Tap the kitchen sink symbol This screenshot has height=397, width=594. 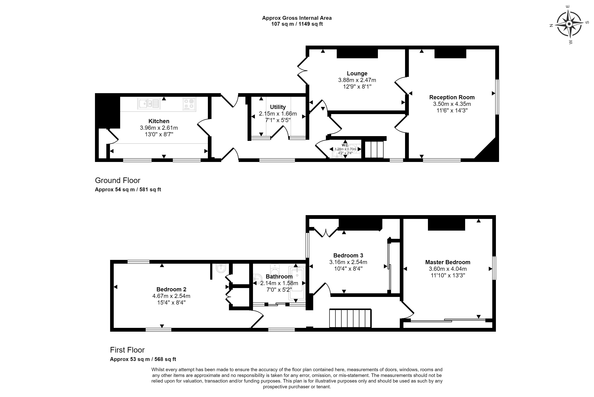coord(149,104)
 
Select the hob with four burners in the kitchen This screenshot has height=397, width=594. coord(189,104)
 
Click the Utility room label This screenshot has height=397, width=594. coord(278,107)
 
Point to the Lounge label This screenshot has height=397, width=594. coord(357,73)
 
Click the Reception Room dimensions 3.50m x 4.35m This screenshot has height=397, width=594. coord(452,104)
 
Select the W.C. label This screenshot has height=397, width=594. coord(345,145)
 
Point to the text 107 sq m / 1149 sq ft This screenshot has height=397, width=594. coord(297,24)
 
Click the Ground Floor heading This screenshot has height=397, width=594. coord(118,180)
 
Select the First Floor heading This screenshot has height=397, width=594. coord(127,350)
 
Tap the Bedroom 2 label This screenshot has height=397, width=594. coord(171,289)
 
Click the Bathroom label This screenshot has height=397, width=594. coord(279,277)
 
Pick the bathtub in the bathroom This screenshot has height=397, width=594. coord(297,283)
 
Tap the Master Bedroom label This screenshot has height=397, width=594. coord(448,262)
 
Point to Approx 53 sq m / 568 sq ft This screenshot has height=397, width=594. coord(143,359)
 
